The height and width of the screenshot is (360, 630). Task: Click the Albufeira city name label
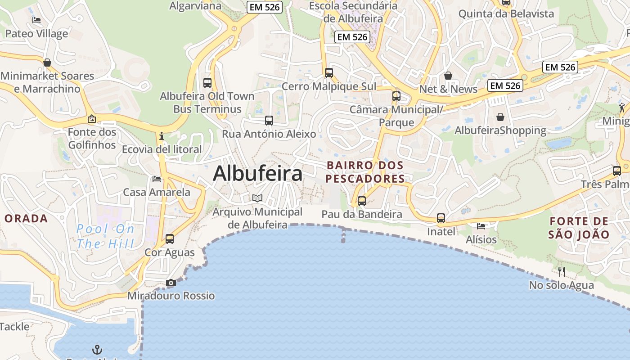tap(257, 173)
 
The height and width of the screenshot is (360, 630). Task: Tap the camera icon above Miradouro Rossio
tap(171, 283)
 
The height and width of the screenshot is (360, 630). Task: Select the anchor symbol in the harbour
tap(97, 349)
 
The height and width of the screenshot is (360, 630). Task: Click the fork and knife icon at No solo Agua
tap(561, 271)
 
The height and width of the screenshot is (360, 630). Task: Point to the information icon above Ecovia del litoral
tap(162, 136)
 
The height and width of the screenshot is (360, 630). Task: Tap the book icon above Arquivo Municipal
tap(257, 198)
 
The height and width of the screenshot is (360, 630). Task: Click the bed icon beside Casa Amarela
tap(157, 179)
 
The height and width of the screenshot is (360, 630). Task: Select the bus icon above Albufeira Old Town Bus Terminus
tap(207, 83)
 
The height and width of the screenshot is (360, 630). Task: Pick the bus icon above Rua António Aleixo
tap(269, 121)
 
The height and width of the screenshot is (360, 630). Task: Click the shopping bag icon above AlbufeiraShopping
tap(500, 117)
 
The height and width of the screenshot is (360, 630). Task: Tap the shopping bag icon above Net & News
tap(448, 76)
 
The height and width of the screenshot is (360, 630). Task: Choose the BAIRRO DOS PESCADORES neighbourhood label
tap(365, 172)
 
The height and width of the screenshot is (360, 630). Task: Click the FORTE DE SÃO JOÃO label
tap(579, 228)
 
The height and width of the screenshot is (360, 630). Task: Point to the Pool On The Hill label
tap(105, 236)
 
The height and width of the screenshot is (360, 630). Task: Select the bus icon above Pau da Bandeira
tap(362, 201)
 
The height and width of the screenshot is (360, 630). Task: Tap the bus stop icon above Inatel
tap(441, 219)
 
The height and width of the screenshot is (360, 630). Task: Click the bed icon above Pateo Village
tap(36, 20)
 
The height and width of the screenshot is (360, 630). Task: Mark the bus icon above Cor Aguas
tap(170, 239)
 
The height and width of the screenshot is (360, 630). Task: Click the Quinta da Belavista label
tap(506, 14)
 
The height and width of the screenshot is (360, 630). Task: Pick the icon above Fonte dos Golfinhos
tap(92, 119)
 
